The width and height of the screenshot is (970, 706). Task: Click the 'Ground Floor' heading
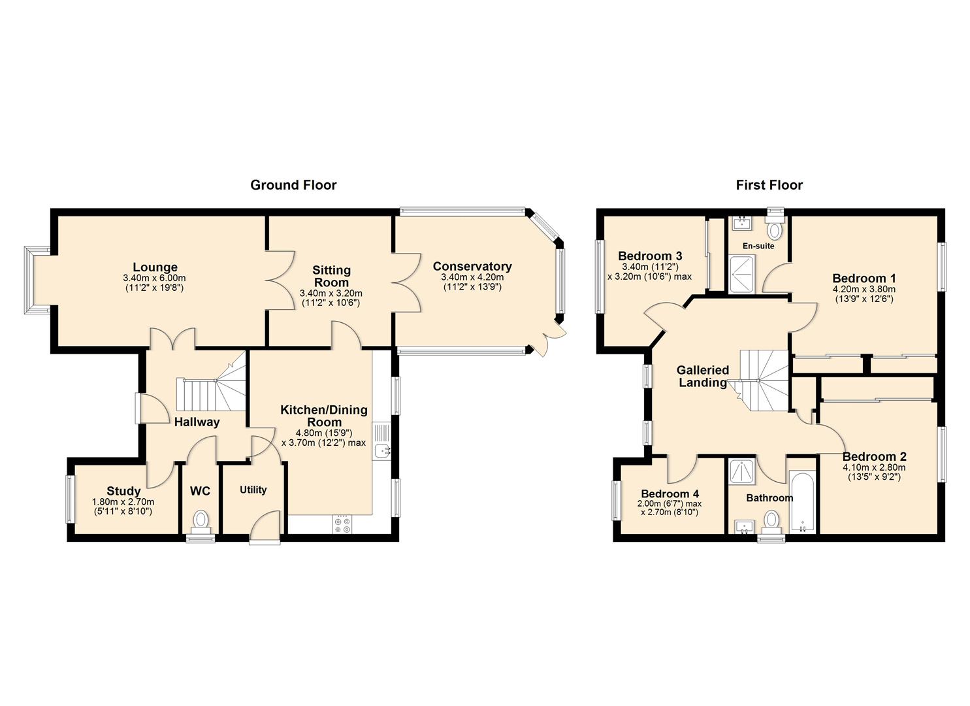tap(293, 185)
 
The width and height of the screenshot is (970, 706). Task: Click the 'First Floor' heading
tap(769, 185)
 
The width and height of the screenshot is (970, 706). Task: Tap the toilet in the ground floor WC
tap(201, 522)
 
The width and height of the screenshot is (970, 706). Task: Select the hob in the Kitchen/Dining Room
tap(342, 524)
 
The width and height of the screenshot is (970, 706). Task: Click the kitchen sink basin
tap(381, 450)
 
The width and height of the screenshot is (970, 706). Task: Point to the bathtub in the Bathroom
tap(802, 503)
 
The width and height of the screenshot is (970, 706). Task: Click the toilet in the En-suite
tap(775, 227)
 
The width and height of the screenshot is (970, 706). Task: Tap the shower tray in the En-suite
tap(742, 273)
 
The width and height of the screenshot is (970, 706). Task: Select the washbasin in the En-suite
tap(743, 223)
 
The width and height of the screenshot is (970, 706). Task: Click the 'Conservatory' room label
tap(472, 266)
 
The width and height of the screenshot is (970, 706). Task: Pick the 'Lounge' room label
tap(155, 267)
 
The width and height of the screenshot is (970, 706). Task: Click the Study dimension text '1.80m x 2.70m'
tap(123, 502)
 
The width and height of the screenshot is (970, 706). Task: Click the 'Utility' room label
tap(253, 490)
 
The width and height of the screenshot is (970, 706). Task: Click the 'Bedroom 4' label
tap(670, 494)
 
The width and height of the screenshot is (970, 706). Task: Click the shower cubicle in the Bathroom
tap(742, 471)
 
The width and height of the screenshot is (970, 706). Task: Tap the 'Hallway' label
tap(197, 422)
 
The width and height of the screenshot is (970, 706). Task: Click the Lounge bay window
tap(37, 280)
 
